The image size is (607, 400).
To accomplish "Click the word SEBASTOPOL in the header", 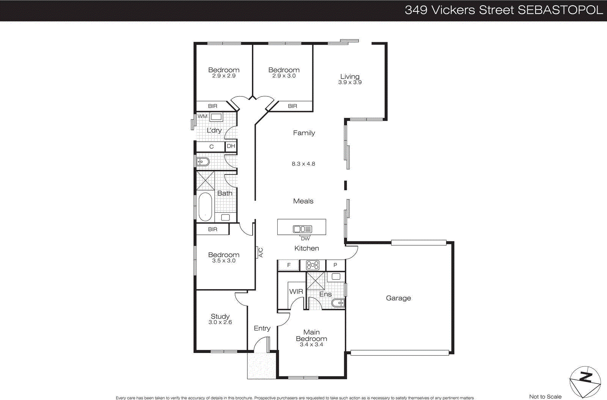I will (560, 10).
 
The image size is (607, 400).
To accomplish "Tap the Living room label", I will (350, 77).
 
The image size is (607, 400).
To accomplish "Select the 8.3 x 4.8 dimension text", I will (303, 164).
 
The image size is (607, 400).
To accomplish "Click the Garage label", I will (398, 298).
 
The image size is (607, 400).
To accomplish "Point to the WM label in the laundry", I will (203, 116).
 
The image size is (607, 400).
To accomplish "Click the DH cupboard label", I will (231, 146).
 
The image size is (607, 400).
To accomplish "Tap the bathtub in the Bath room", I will (205, 206).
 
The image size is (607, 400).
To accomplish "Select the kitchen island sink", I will (302, 229).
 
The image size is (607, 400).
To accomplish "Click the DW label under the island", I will (305, 239).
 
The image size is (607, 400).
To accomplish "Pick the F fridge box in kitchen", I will (289, 265).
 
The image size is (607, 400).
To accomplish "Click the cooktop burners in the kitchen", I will (313, 265).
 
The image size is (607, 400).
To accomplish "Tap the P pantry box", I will (335, 265).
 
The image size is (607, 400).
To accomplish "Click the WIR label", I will (296, 292).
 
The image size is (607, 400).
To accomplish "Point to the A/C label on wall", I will (261, 252).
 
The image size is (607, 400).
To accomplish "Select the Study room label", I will (220, 316).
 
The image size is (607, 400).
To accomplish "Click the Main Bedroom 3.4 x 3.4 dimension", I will (311, 345).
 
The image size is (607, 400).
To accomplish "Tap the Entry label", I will (262, 328).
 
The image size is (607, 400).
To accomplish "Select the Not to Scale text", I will (545, 397).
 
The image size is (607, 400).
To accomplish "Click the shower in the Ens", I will (316, 281).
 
